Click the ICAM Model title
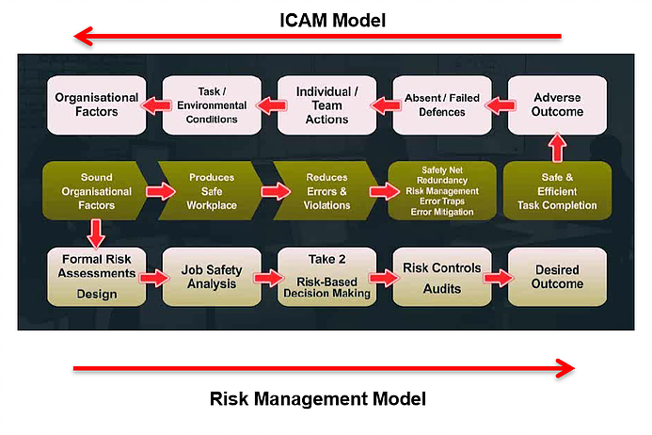coord(333,21)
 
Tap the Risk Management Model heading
coord(318,398)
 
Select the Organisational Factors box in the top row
coord(97,105)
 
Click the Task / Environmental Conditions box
coord(212,105)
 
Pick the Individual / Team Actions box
coord(326,105)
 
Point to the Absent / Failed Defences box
coord(442,105)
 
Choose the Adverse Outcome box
coord(557,105)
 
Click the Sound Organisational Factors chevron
coord(95,190)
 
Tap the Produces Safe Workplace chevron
coord(210,190)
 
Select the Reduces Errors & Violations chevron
coord(326,190)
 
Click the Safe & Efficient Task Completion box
coord(557,190)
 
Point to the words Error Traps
coord(442,201)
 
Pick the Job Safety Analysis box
coord(212,277)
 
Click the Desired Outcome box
coord(557,277)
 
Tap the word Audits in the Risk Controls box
coord(442,288)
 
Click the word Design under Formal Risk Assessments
coord(97,294)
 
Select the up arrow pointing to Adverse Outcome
coord(557,147)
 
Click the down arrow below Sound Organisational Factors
coord(96,234)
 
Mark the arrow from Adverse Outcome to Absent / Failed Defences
coord(501,105)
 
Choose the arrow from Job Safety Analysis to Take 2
coord(269,278)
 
